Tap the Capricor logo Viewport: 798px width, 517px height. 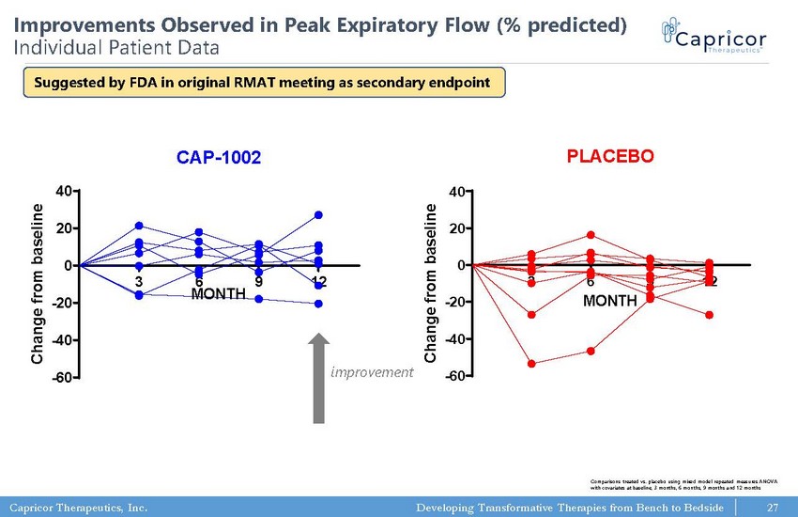[x=714, y=41]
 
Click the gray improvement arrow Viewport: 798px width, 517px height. [x=320, y=376]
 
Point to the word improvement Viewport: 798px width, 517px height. [x=373, y=373]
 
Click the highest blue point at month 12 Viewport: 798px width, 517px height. [x=319, y=215]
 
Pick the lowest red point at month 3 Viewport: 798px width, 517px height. [x=531, y=364]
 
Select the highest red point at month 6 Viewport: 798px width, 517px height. [x=591, y=235]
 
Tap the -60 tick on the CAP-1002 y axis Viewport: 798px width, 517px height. [x=63, y=378]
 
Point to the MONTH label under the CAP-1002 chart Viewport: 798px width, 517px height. [x=219, y=294]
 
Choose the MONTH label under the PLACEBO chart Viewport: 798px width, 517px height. [x=609, y=302]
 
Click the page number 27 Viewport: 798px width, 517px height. [x=773, y=509]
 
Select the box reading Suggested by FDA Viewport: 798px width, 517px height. [x=262, y=82]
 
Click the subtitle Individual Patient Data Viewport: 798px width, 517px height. [x=115, y=45]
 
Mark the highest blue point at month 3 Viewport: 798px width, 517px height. [x=139, y=226]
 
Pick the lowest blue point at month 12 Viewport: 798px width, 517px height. [x=319, y=304]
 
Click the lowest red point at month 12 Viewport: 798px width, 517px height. [x=710, y=315]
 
